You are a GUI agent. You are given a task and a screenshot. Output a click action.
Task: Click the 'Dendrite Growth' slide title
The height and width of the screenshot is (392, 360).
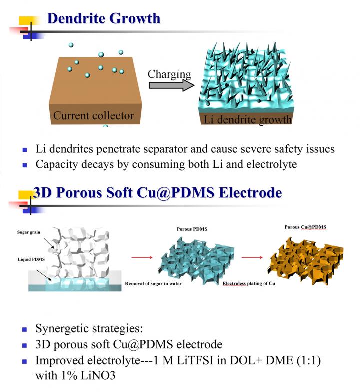pos(104,18)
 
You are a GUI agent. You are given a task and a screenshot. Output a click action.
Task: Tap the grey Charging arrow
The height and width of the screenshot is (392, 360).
pos(172,85)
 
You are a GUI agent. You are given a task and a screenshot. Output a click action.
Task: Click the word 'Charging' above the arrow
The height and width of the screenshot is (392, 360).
pos(169,74)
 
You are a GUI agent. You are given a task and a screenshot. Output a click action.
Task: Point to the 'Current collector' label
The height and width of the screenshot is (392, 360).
pos(94,116)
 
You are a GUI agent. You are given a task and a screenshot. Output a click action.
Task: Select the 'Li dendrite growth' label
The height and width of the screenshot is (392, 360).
pos(248,120)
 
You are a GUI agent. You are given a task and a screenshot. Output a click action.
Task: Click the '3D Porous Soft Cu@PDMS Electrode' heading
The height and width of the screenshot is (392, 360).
pos(158,193)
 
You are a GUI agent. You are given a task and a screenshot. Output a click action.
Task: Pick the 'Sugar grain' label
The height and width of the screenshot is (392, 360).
pos(29,232)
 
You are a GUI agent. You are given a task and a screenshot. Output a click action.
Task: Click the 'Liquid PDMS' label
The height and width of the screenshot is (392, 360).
pos(31,259)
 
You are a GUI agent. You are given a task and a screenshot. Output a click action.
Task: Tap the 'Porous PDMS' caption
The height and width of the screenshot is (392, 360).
pos(192,229)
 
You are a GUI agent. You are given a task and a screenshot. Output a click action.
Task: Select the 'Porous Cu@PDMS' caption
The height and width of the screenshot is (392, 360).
pos(305,227)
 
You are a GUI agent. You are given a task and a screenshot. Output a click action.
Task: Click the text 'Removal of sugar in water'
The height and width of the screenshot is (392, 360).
pos(153,284)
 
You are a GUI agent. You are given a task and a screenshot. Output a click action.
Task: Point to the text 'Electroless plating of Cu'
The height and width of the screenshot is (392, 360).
pos(249,284)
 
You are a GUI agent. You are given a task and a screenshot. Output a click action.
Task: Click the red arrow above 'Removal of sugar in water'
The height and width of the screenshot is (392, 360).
pos(142,257)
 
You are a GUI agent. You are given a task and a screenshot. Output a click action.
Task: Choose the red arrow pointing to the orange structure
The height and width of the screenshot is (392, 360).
pos(252,257)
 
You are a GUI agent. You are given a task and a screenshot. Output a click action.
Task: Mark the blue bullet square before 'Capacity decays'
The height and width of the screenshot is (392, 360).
pos(25,165)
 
